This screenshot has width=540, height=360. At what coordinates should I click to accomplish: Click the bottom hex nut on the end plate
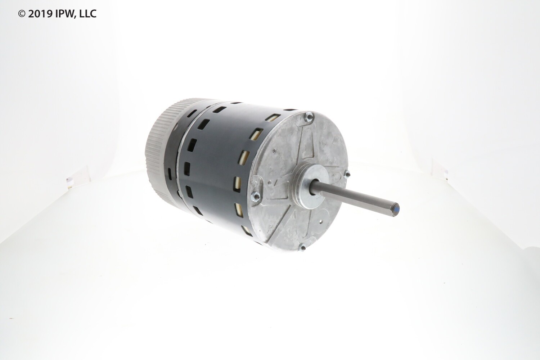coord(302,247)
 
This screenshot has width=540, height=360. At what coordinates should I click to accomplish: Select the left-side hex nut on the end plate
coord(256,196)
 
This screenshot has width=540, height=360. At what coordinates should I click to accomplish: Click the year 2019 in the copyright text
coord(40,14)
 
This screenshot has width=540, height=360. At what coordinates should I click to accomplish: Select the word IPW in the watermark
coord(64,14)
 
